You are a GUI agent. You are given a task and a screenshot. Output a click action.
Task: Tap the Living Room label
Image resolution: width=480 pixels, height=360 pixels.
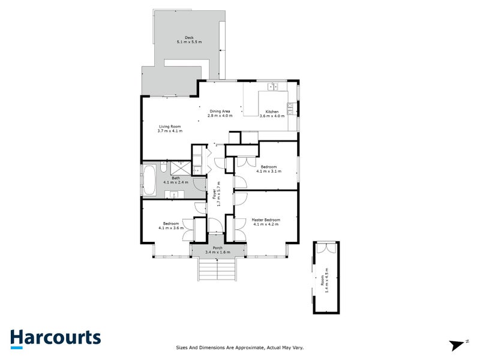(169, 127)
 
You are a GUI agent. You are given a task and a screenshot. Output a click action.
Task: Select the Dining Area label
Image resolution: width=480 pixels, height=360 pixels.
(220, 111)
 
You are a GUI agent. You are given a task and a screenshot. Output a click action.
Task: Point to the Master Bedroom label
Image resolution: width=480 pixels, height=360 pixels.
(266, 220)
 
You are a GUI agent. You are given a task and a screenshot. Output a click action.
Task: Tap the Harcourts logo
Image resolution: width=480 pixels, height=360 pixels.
(55, 338)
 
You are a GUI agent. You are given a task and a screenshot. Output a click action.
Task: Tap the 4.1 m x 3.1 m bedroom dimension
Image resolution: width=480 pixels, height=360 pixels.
(268, 171)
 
